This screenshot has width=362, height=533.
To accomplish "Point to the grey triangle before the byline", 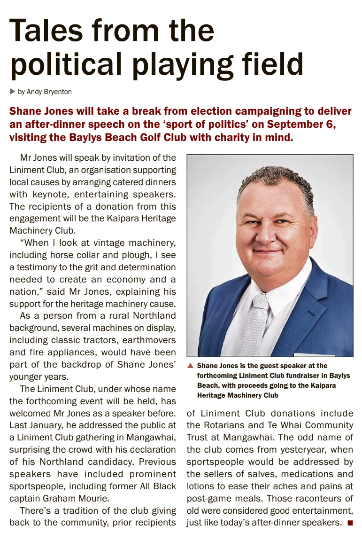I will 13,92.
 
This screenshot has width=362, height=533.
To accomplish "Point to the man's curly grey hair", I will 275,179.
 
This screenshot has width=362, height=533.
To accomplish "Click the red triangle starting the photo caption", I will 190,366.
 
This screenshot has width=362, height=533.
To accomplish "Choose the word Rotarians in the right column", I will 228,425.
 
